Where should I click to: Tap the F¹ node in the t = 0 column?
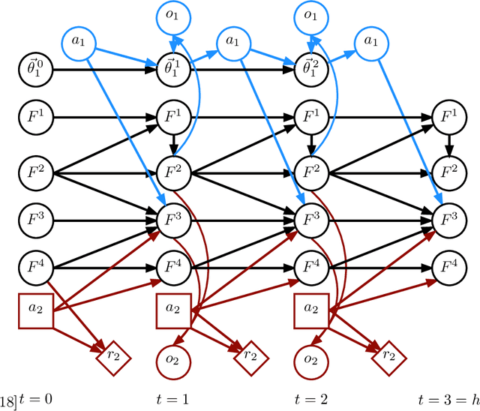34,118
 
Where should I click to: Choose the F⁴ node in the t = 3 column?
448,266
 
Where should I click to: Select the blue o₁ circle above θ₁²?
310,18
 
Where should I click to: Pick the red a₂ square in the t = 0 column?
34,310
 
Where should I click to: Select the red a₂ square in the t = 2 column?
310,310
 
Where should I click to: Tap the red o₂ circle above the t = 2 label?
310,358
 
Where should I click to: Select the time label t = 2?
310,398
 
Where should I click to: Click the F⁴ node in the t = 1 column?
172,266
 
